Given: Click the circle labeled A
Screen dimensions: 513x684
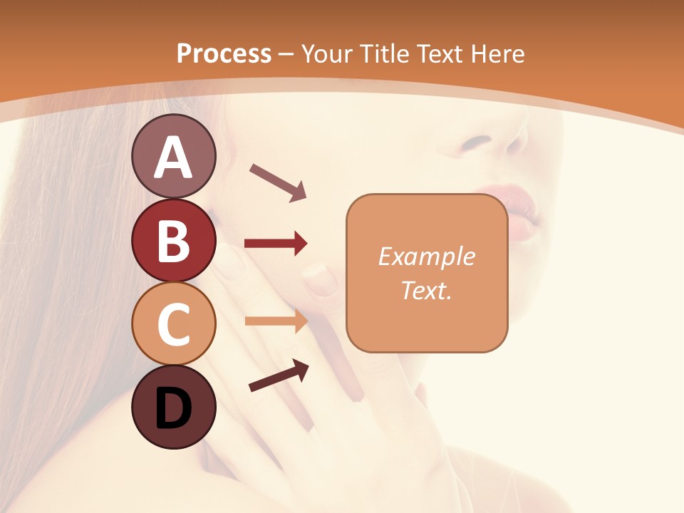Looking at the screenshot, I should point(173,156).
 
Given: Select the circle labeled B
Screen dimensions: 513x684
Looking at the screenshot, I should point(173,240).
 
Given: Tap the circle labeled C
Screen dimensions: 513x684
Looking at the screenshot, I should point(173,324).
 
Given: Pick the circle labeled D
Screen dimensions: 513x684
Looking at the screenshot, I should point(173,408).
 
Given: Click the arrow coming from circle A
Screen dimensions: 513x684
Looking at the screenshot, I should point(278,182).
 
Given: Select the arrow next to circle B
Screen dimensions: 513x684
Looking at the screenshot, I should point(276,244).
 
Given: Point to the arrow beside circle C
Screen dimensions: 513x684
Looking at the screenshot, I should point(276,321).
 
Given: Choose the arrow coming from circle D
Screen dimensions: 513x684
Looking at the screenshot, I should point(279,375).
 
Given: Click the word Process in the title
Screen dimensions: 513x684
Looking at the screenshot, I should point(224,53).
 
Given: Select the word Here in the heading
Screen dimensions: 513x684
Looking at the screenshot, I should point(498,53).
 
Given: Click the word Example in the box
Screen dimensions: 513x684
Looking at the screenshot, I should point(427,256).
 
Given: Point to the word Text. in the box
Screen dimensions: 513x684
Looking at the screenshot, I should point(427,290).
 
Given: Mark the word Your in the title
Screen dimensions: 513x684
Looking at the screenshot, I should point(328,53).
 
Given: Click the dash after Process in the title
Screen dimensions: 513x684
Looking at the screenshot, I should point(286,54).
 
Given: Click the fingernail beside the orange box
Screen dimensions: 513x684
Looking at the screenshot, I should point(321,279).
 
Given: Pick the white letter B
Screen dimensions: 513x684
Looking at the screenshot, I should point(173,240).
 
